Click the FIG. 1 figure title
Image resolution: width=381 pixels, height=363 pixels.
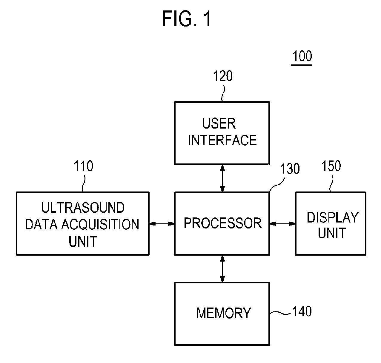(x=187, y=19)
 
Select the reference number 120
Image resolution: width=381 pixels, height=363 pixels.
(x=223, y=76)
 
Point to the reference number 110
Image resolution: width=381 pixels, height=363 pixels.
(x=83, y=166)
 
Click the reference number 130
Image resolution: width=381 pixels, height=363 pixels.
(x=290, y=168)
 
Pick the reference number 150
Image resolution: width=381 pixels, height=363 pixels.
(x=331, y=166)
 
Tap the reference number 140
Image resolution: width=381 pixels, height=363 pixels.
(x=302, y=311)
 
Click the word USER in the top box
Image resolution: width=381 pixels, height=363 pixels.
(x=219, y=123)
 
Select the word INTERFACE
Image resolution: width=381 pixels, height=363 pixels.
(x=222, y=140)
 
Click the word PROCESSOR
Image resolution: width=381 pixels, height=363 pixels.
(x=222, y=223)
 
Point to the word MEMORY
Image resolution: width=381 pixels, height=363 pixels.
(x=224, y=313)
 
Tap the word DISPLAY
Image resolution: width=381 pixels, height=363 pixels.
(x=333, y=218)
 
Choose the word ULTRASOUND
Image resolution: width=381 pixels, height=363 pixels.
(x=83, y=207)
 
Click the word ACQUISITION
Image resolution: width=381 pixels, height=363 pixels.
(x=100, y=224)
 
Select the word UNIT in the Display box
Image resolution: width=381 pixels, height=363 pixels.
(x=332, y=233)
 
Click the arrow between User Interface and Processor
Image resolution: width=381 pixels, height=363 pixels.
(x=222, y=178)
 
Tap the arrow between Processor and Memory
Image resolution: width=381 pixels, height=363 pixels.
(x=222, y=269)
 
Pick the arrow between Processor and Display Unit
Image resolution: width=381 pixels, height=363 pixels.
(x=282, y=224)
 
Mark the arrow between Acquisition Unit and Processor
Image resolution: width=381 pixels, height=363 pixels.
(x=162, y=224)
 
